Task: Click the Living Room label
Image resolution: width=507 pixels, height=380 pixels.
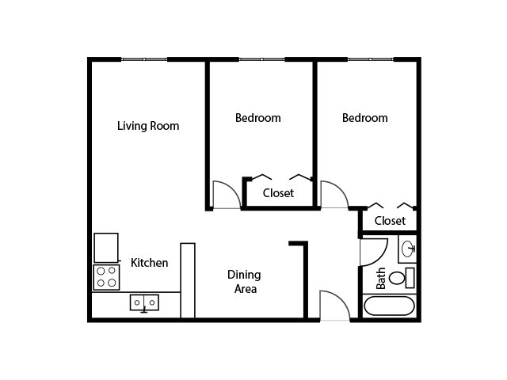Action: [x=148, y=126]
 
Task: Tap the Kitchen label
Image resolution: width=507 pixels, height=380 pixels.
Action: [x=150, y=263]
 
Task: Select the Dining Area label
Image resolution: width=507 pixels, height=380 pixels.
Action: [x=245, y=282]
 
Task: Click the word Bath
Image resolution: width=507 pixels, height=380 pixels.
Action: [x=381, y=278]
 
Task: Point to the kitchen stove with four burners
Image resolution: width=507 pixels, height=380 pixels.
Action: [x=106, y=277]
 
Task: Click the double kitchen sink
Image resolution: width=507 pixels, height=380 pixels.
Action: [x=144, y=302]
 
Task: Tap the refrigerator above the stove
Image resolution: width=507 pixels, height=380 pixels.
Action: [x=106, y=248]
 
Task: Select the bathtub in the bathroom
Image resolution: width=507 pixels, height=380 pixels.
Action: [x=389, y=306]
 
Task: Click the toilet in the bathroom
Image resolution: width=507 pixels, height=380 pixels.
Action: [x=402, y=278]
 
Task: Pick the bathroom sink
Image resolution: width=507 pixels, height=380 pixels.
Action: [x=407, y=249]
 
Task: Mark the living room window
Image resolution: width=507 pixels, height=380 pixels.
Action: [x=144, y=59]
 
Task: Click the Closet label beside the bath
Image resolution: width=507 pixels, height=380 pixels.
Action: [x=390, y=221]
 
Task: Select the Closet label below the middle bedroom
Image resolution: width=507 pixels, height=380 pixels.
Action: [x=278, y=193]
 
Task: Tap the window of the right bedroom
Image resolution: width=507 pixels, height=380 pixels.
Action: [x=371, y=59]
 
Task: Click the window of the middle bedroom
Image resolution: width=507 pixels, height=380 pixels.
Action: [x=262, y=59]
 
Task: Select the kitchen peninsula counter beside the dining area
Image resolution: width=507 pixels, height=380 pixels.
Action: [x=188, y=280]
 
